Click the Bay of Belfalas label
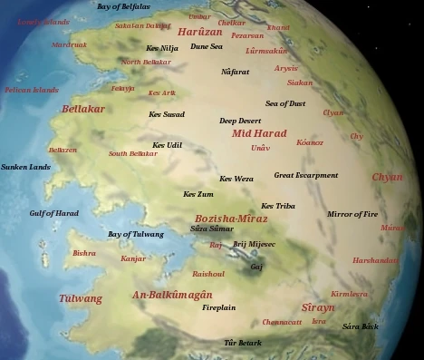click(123, 6)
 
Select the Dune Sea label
click(207, 45)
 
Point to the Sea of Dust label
click(285, 103)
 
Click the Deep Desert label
click(239, 121)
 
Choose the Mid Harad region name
click(258, 133)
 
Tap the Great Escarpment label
click(306, 175)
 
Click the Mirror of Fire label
click(352, 214)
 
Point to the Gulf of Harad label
click(53, 213)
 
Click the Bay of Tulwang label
click(136, 234)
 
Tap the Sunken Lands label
click(25, 167)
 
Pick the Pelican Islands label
click(31, 90)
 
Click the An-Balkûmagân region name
click(172, 295)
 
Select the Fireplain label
click(218, 307)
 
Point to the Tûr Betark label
click(243, 343)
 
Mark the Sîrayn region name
click(318, 307)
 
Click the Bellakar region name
click(83, 109)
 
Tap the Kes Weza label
click(236, 179)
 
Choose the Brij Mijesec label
click(254, 244)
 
